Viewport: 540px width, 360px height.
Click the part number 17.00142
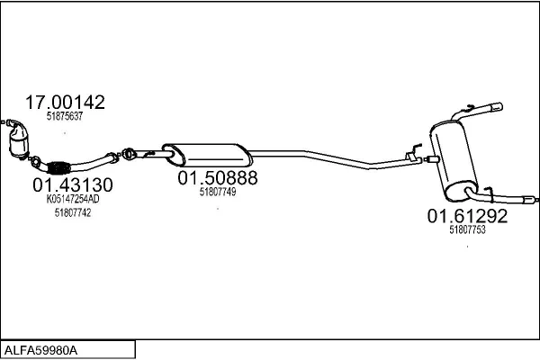[65, 103]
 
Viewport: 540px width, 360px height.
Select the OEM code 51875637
[65, 116]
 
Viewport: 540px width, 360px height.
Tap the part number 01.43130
[73, 185]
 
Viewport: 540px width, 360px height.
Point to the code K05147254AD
[73, 199]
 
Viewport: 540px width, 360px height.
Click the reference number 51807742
[73, 213]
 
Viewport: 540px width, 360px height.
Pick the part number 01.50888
[218, 178]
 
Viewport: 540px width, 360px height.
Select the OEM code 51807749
[218, 192]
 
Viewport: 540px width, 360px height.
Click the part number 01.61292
[467, 216]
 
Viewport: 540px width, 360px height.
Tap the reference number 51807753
[467, 229]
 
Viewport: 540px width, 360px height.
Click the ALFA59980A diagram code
[40, 351]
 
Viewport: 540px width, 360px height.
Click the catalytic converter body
[20, 141]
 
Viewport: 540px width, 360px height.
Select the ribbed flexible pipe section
[58, 167]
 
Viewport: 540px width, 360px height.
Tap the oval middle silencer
[207, 154]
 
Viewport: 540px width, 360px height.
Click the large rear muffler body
[454, 160]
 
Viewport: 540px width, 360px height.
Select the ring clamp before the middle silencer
[128, 154]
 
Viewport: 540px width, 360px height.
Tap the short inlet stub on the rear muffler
[433, 159]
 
